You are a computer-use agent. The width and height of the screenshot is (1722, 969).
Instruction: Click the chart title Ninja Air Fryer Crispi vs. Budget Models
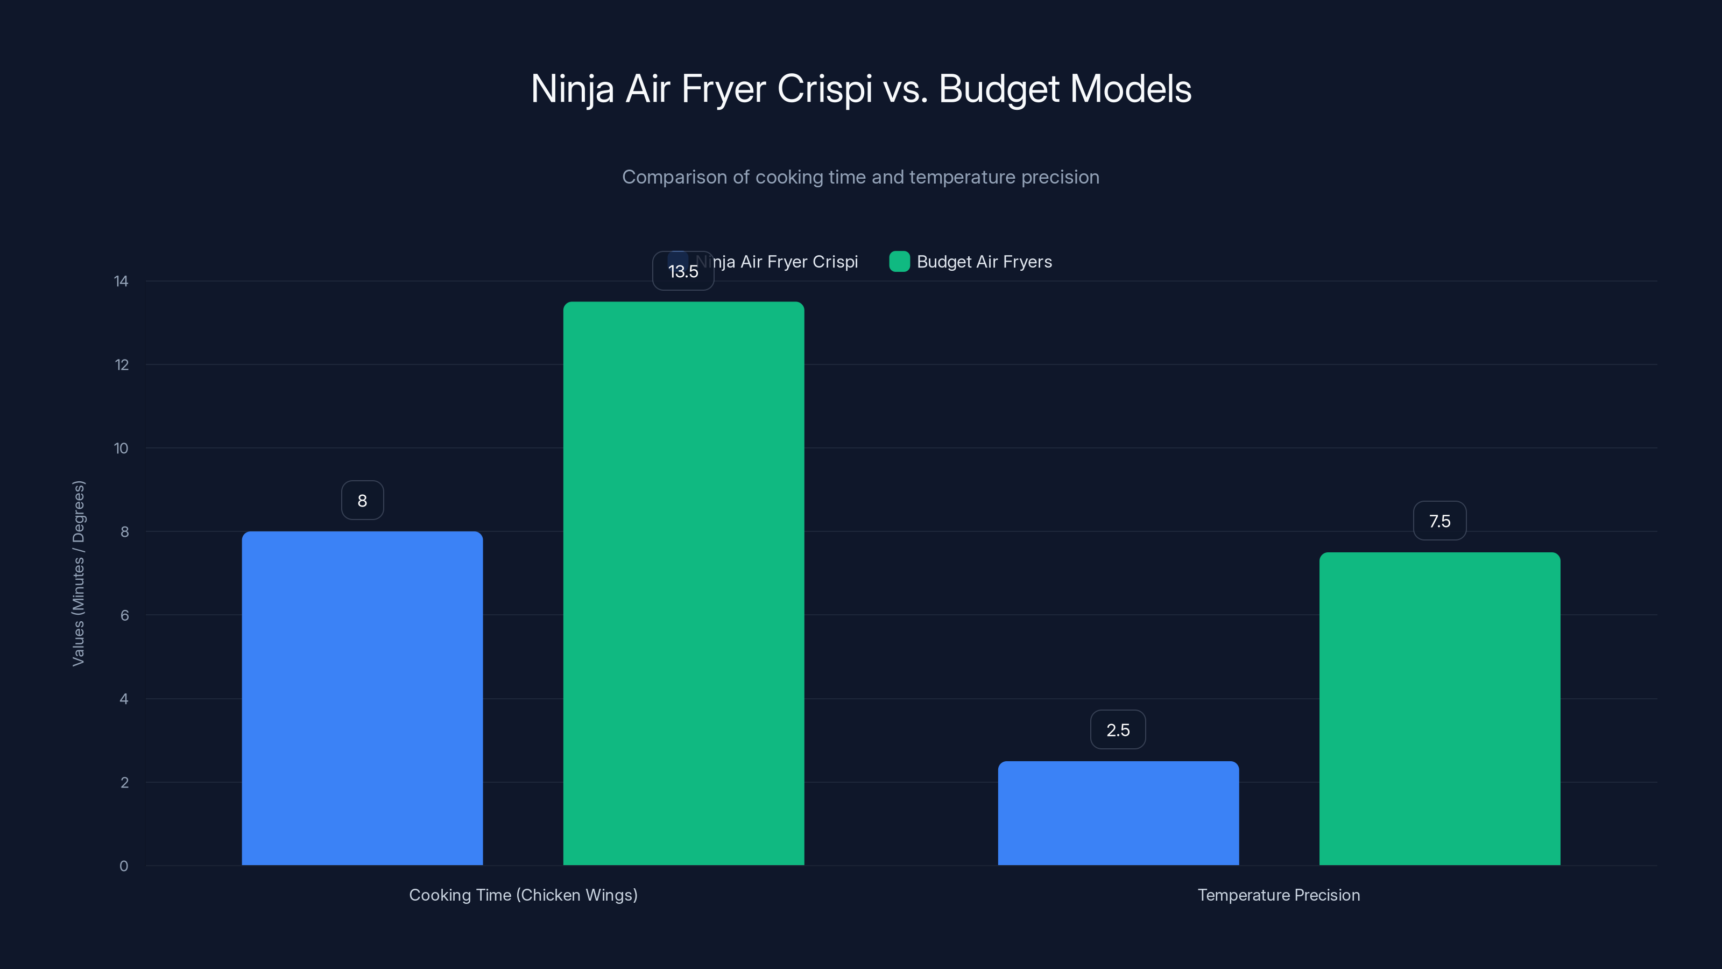pyautogui.click(x=860, y=89)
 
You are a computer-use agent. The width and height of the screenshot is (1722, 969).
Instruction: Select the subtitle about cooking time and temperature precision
pyautogui.click(x=860, y=177)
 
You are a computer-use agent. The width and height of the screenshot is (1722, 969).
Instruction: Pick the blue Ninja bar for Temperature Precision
pyautogui.click(x=1118, y=812)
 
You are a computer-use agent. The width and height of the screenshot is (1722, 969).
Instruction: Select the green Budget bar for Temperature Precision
pyautogui.click(x=1439, y=708)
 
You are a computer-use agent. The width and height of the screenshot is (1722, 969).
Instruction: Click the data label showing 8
pyautogui.click(x=362, y=500)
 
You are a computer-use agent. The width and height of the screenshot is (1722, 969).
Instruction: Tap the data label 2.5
pyautogui.click(x=1118, y=729)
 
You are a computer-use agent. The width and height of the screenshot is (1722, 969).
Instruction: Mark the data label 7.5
pyautogui.click(x=1439, y=521)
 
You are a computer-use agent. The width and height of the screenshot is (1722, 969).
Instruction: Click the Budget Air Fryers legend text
pyautogui.click(x=984, y=262)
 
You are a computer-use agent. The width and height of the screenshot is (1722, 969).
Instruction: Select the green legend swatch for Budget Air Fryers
pyautogui.click(x=899, y=262)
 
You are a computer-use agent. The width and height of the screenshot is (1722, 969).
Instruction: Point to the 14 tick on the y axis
pyautogui.click(x=121, y=282)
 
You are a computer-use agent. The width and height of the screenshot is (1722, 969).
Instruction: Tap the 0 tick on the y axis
pyautogui.click(x=124, y=866)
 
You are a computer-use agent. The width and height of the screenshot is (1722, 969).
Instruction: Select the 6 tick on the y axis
pyautogui.click(x=124, y=615)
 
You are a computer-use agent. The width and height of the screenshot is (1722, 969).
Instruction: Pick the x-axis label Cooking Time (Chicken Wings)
pyautogui.click(x=523, y=895)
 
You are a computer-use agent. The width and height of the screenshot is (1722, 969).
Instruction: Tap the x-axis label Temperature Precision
pyautogui.click(x=1278, y=895)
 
